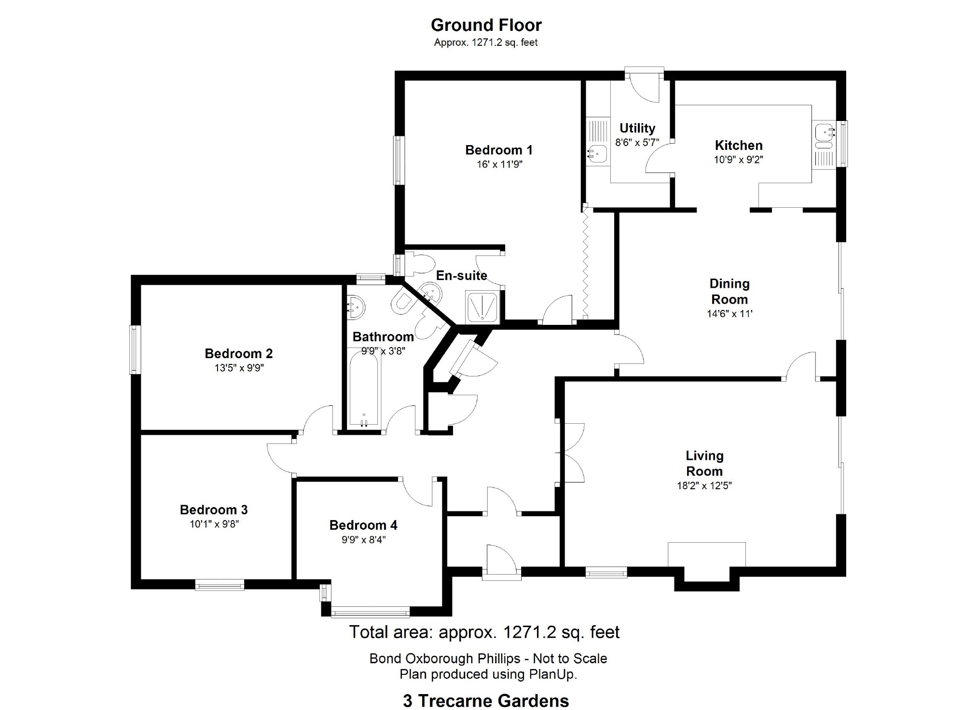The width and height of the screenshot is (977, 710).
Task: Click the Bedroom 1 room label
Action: (x=499, y=150)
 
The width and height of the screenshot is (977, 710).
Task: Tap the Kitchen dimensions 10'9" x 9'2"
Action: (x=739, y=160)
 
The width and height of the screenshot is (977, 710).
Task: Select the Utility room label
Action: (x=637, y=128)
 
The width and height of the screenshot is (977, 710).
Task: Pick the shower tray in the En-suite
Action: (x=482, y=307)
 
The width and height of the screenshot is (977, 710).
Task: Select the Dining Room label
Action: (x=729, y=291)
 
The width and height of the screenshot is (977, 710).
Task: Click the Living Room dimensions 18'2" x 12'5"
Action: (x=704, y=486)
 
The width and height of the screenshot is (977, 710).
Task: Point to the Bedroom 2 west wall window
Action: (x=135, y=349)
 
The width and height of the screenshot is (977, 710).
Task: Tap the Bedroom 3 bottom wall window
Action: (x=220, y=585)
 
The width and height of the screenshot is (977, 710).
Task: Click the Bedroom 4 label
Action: (x=363, y=525)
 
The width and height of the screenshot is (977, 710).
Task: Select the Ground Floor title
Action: (x=486, y=25)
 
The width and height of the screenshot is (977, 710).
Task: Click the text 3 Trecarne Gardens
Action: (x=486, y=700)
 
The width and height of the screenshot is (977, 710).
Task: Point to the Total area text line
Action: (x=484, y=632)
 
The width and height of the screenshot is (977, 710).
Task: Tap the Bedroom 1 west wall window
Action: (x=399, y=160)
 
